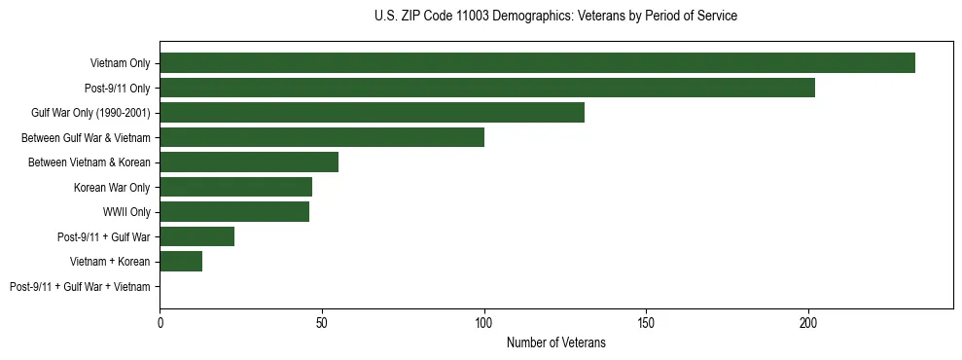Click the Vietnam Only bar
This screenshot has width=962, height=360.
[x=537, y=63]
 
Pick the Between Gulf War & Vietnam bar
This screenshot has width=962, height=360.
[x=322, y=137]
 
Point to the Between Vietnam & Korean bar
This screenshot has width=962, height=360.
[x=249, y=162]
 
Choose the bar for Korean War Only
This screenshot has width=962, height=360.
[x=235, y=187]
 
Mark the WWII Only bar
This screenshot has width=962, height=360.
[x=234, y=212]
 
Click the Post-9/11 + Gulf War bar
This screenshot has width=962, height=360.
[x=196, y=236]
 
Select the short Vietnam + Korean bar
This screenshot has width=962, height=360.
[x=181, y=262]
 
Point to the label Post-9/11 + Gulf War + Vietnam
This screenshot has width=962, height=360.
[x=80, y=287]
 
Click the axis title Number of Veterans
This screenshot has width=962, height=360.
[x=556, y=342]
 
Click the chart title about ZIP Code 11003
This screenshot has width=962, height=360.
[x=555, y=17]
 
